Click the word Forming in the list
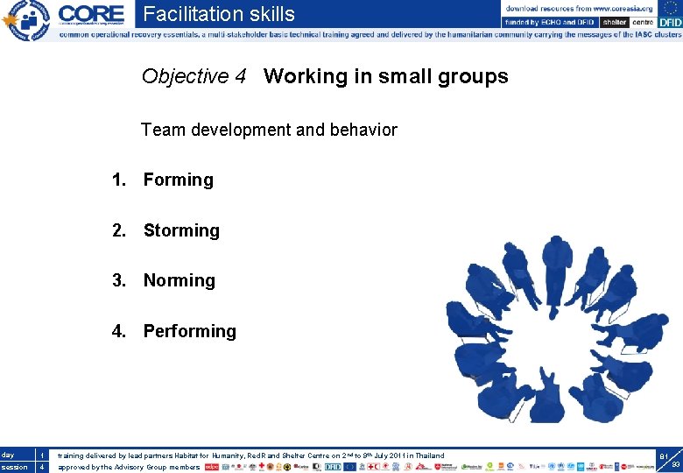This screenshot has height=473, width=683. click(178, 180)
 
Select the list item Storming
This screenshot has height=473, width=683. click(181, 230)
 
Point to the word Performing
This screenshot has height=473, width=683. click(189, 331)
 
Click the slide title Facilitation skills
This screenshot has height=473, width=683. click(219, 14)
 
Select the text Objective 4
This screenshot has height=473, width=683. click(194, 77)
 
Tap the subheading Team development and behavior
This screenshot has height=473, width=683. click(269, 131)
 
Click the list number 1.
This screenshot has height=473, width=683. click(117, 180)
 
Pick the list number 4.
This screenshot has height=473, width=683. click(117, 331)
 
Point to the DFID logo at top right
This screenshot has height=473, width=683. click(664, 22)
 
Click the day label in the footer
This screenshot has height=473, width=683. click(8, 455)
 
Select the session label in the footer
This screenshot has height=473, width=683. click(15, 467)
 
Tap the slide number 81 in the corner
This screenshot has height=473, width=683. click(664, 455)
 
